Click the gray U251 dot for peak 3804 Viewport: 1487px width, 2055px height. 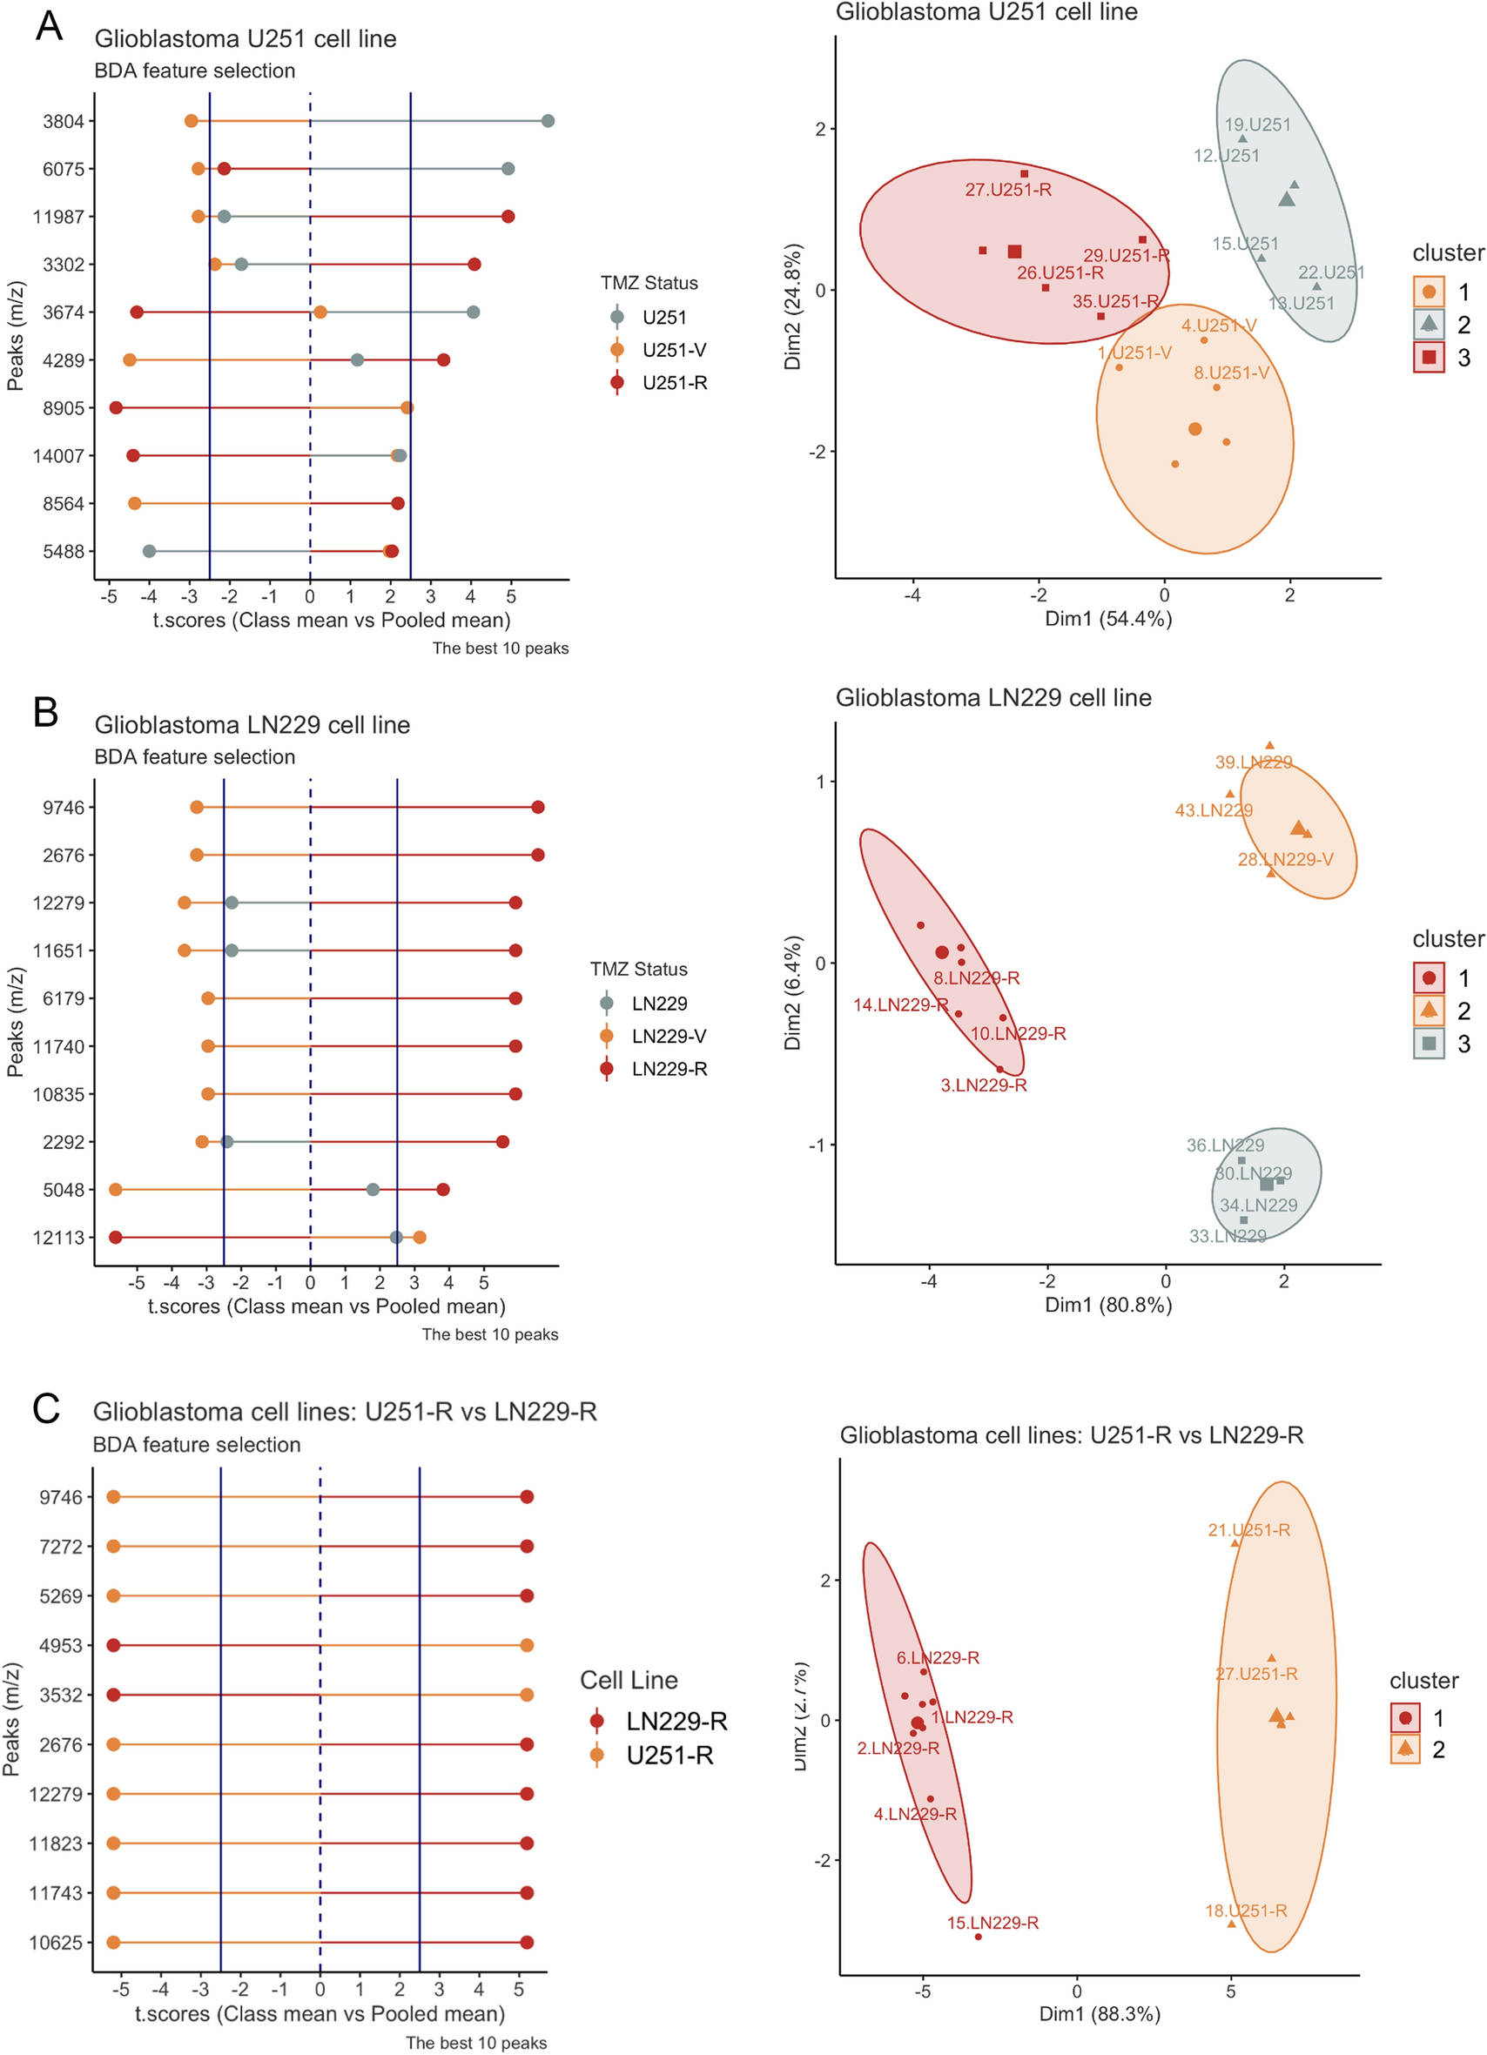tap(548, 121)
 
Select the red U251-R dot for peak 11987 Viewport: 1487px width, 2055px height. tap(508, 217)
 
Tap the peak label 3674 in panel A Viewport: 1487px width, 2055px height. tap(64, 312)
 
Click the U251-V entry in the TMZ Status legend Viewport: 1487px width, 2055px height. tap(673, 351)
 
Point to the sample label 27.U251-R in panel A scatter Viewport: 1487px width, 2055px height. tap(1007, 191)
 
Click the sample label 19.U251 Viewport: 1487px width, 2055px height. tap(1258, 125)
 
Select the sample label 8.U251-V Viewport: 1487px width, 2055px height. tap(1230, 373)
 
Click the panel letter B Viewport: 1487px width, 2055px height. tap(45, 712)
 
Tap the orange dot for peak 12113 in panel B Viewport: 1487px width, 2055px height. tap(419, 1238)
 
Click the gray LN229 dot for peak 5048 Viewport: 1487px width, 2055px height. tap(373, 1190)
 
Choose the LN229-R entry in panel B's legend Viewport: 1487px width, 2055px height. tap(669, 1069)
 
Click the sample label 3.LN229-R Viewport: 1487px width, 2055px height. tap(983, 1085)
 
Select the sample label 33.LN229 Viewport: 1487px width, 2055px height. tap(1227, 1237)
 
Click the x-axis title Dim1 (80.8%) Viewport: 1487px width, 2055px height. tap(1108, 1305)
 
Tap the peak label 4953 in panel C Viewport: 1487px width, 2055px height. tap(61, 1645)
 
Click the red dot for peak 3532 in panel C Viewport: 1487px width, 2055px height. tap(113, 1696)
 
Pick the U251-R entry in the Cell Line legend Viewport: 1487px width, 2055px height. tap(669, 1756)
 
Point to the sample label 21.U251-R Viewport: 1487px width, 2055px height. tap(1248, 1530)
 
